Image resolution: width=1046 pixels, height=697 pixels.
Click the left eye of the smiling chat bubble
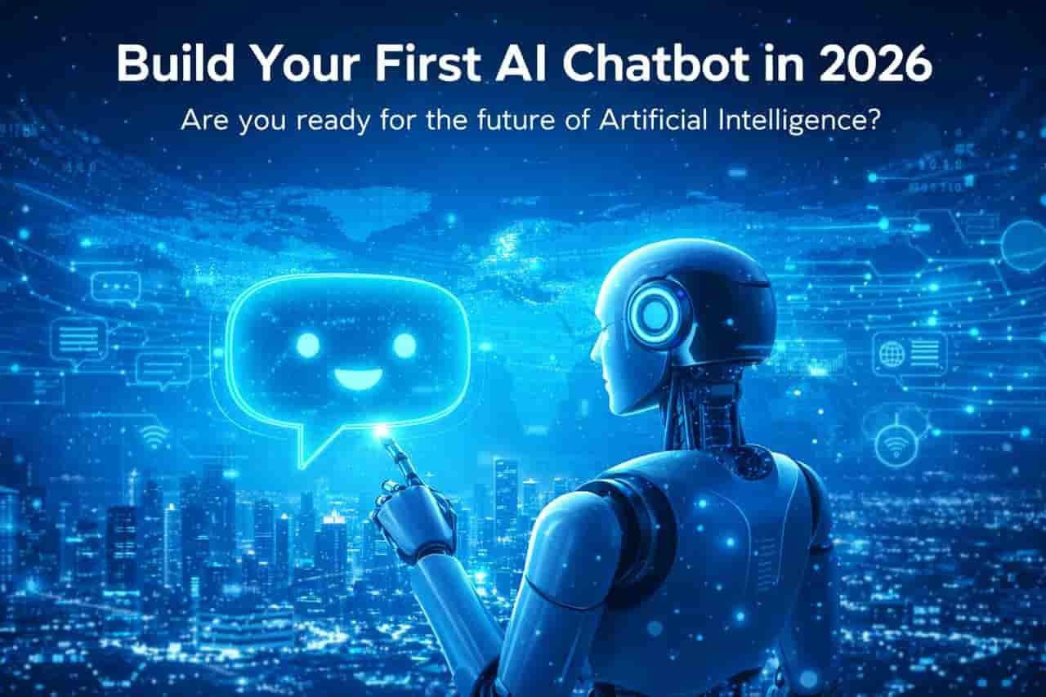click(308, 345)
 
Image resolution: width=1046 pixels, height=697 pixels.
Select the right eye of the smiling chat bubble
click(404, 345)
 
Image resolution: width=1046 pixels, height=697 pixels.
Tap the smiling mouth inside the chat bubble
click(358, 378)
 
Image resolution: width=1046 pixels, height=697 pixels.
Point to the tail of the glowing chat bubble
click(318, 444)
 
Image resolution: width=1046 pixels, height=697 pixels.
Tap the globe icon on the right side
click(892, 353)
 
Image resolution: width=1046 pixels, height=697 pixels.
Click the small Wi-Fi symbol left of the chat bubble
click(154, 436)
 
